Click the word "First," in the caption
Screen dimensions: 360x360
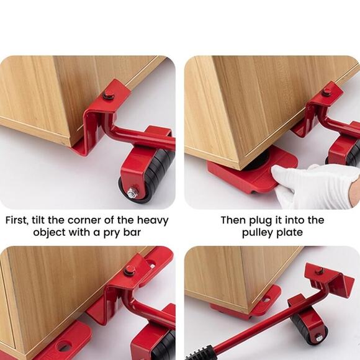[x=20, y=220]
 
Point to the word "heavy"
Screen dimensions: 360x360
[x=152, y=220]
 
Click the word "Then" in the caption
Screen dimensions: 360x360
[x=233, y=220]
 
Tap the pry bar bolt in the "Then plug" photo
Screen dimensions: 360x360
[x=326, y=92]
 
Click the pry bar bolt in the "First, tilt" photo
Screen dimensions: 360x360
[x=109, y=94]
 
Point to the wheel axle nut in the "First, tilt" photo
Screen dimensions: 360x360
[x=133, y=193]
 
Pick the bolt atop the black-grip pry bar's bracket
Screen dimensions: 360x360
[x=319, y=271]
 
